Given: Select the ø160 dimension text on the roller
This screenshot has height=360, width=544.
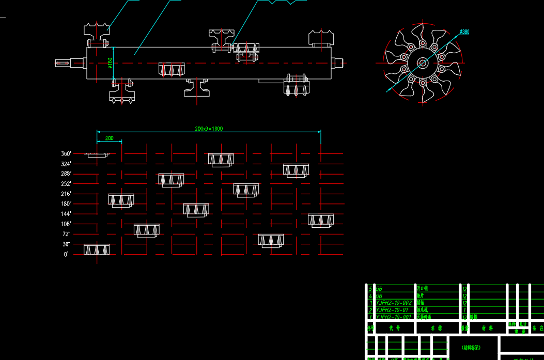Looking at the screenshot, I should tap(110, 62).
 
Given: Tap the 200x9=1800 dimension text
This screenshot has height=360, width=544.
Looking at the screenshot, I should tap(209, 129).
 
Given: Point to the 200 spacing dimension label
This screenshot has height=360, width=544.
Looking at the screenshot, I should tap(109, 138).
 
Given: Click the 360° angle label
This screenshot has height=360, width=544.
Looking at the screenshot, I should tap(66, 154).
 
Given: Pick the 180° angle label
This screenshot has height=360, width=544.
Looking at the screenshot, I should tap(66, 204).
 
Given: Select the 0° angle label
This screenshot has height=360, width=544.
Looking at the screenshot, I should tap(66, 254).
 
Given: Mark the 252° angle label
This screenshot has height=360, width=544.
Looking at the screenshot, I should tap(66, 184).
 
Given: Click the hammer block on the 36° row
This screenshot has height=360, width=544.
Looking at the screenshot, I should tap(97, 249).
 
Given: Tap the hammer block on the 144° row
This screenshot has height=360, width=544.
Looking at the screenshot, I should tap(321, 220).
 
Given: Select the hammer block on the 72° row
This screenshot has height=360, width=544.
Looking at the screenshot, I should tap(271, 240).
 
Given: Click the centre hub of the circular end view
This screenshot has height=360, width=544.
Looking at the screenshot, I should tap(423, 63).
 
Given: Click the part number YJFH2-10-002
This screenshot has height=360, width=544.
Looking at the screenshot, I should tap(394, 303).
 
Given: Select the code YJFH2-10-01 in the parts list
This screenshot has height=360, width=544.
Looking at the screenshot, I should tap(392, 310).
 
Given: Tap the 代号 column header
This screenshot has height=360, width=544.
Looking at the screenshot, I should tap(395, 328).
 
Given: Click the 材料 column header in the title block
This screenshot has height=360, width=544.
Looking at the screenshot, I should tap(487, 328).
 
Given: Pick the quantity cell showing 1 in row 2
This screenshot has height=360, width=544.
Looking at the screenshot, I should tap(465, 310).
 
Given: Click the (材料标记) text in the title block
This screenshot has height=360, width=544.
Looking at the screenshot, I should tap(471, 348).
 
